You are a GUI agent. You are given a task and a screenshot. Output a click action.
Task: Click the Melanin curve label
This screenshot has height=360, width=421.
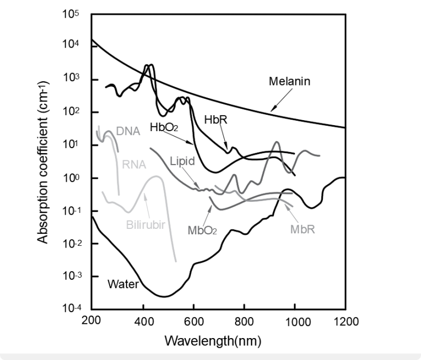click(x=289, y=82)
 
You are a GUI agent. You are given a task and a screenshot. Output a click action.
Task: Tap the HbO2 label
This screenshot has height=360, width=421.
click(x=164, y=127)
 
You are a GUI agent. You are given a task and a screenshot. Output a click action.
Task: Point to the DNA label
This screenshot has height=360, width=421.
click(x=128, y=131)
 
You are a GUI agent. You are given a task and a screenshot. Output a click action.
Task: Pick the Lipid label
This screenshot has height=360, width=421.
click(x=181, y=162)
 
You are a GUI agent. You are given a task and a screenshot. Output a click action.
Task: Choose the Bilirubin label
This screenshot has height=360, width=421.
click(x=146, y=224)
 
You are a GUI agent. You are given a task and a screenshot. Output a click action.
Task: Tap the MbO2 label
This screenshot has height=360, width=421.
click(x=202, y=230)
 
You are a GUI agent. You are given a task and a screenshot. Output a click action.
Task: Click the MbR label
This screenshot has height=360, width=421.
click(x=302, y=227)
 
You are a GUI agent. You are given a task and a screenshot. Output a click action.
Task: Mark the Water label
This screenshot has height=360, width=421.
click(x=123, y=284)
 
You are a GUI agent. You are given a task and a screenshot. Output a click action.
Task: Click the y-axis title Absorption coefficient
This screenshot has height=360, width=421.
click(x=42, y=162)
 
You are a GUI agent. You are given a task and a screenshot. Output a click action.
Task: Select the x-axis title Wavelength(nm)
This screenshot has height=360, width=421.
click(x=213, y=341)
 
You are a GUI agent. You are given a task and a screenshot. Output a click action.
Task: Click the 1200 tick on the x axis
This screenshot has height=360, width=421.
click(x=345, y=321)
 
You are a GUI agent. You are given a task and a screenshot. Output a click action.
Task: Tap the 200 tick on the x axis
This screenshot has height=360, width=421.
click(x=92, y=321)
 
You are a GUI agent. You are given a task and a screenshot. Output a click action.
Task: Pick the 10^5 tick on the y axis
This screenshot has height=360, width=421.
click(x=71, y=15)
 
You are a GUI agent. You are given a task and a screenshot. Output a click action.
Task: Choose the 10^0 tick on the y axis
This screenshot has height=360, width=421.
click(x=71, y=178)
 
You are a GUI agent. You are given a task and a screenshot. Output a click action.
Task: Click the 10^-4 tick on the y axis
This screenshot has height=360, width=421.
click(x=70, y=309)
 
